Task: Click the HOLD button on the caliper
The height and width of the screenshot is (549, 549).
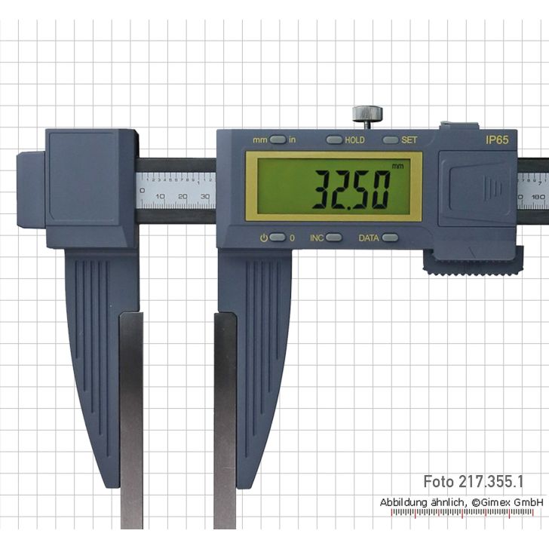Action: tap(334, 140)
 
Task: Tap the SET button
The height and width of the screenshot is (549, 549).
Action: tap(391, 140)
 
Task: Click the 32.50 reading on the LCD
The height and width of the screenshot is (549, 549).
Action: tap(351, 189)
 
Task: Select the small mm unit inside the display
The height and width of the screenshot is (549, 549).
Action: tap(397, 166)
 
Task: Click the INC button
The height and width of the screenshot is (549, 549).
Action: tap(333, 238)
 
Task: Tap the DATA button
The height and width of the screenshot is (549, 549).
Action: tap(389, 238)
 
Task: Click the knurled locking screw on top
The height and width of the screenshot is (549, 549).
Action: tap(367, 115)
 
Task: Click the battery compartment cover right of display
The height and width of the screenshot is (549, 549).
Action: tap(477, 188)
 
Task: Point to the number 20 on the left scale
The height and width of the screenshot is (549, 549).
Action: tap(182, 197)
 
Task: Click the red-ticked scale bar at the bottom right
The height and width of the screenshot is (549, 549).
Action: tap(468, 513)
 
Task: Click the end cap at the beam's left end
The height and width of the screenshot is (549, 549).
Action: tap(30, 189)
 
